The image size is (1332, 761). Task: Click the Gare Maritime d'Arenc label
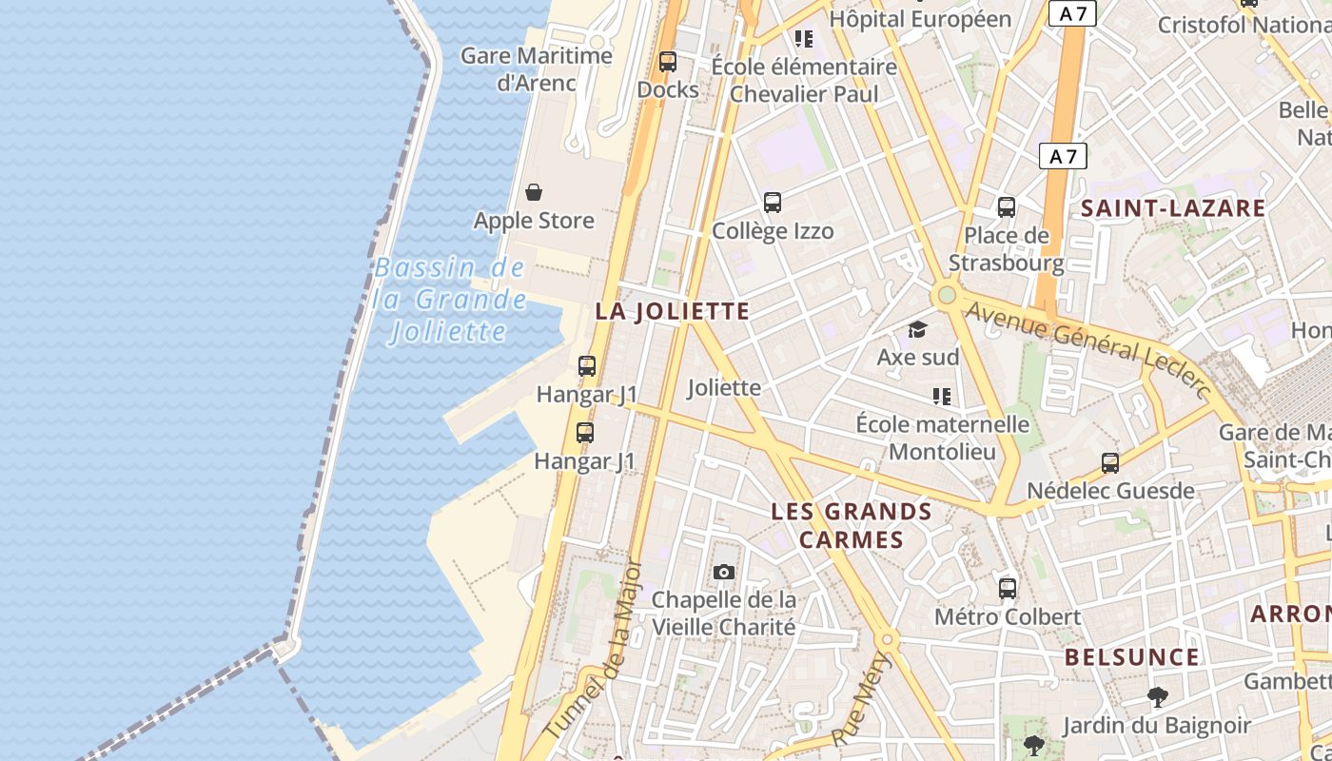pos(537,68)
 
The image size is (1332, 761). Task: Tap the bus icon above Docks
pos(668,62)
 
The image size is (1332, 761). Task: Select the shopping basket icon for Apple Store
pos(534,192)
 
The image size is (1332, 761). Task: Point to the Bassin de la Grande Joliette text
pos(449,300)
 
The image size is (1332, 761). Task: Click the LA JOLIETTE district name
pos(673,311)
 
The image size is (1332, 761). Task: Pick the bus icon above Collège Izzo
pos(773,203)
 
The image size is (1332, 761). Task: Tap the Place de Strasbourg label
pos(1007,249)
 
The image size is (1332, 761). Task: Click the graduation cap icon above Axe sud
pos(917,329)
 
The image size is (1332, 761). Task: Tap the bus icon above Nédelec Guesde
pos(1110,463)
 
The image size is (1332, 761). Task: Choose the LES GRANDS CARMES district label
pos(852,525)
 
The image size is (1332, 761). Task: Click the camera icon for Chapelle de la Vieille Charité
pos(724,572)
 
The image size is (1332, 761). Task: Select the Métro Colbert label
pos(1008,616)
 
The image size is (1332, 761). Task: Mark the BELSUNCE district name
pos(1132,657)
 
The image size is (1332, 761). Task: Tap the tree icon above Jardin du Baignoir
pos(1157,697)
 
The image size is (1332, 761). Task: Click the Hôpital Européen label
pos(920,18)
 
